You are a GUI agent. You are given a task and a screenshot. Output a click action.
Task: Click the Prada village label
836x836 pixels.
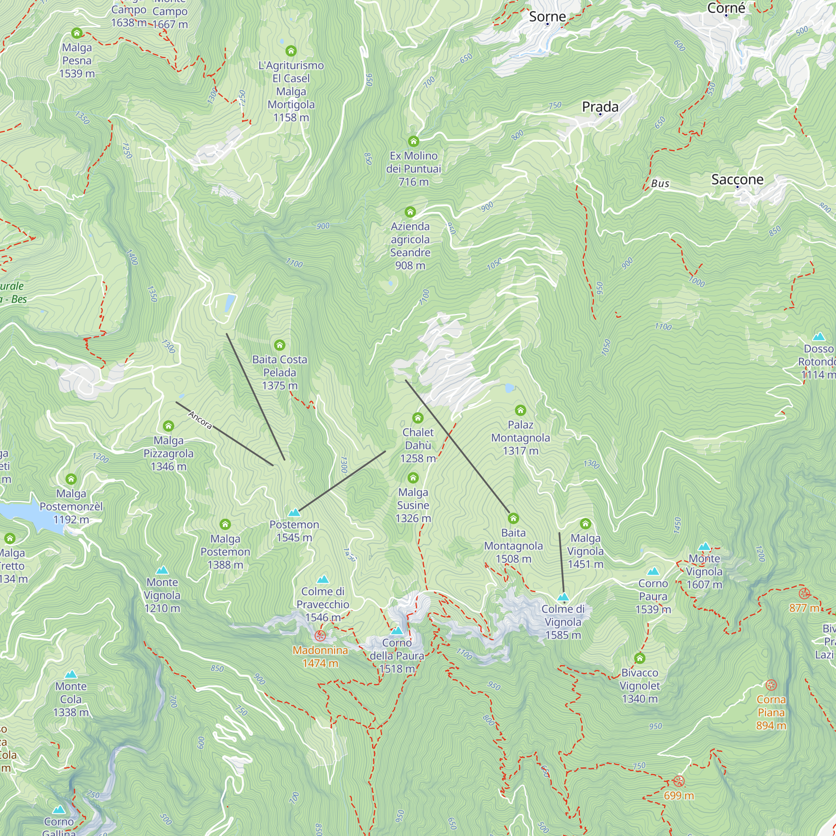(600, 107)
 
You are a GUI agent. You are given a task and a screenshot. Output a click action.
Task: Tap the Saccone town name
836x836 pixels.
(737, 179)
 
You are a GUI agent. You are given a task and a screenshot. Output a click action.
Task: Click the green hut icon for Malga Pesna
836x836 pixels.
(76, 33)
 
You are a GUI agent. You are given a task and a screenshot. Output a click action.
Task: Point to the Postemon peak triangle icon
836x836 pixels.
(294, 513)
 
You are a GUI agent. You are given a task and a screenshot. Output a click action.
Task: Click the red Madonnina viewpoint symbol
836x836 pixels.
(320, 635)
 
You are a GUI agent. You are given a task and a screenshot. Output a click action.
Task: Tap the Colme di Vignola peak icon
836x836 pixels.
(563, 597)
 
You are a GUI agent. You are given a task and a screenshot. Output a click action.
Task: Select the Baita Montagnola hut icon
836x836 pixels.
(513, 518)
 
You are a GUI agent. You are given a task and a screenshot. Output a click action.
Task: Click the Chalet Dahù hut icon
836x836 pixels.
(418, 418)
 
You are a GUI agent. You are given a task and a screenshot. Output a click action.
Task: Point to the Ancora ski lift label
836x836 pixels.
(200, 420)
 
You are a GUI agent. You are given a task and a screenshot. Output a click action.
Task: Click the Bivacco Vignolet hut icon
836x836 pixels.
(640, 658)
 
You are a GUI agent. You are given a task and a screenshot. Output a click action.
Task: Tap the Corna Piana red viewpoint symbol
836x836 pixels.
(771, 685)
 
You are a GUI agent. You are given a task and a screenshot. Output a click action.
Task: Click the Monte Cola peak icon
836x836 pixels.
(71, 674)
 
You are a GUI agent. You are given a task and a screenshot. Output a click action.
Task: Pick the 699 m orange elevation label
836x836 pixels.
(678, 795)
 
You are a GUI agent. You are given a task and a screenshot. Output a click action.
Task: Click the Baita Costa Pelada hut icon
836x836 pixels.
(280, 345)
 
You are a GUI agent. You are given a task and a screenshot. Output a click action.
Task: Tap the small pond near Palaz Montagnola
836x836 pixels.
(510, 388)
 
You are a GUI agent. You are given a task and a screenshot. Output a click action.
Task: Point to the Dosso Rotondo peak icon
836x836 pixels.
(818, 336)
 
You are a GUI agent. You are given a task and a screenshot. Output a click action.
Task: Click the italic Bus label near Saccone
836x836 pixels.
(660, 184)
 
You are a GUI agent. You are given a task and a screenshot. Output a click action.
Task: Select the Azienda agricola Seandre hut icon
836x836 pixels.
(410, 212)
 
